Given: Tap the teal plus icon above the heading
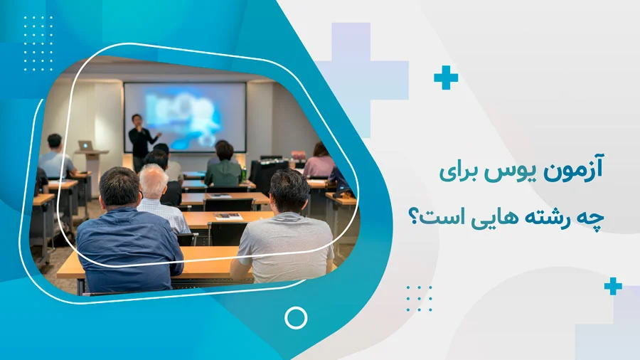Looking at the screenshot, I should pos(446,77).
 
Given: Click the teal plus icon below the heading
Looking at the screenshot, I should pos(612,287).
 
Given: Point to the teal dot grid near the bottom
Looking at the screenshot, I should pos(419,298).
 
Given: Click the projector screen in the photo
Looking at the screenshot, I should pos(185,116).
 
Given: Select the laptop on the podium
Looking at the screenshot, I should pos(86,145).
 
